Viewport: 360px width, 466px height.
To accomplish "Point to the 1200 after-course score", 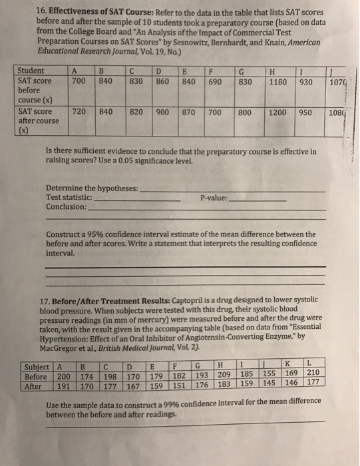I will coord(277,113).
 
